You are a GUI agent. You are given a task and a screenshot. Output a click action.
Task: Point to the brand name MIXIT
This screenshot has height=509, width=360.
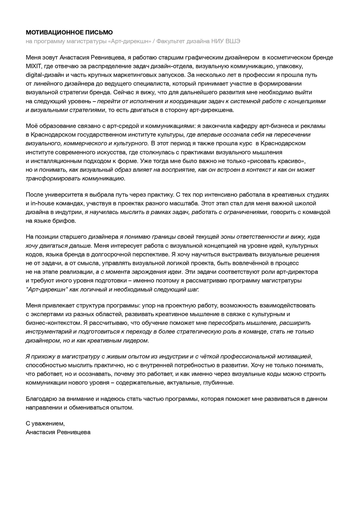pyautogui.click(x=34, y=66)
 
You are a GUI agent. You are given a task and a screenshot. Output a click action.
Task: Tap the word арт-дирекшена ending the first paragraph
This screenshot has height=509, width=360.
pyautogui.click(x=213, y=110)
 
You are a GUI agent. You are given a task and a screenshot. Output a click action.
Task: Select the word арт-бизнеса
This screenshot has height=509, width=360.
pyautogui.click(x=270, y=126)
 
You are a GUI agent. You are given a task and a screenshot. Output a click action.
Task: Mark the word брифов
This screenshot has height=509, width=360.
pyautogui.click(x=65, y=220)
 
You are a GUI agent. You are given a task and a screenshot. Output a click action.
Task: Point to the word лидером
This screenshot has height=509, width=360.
pyautogui.click(x=136, y=341)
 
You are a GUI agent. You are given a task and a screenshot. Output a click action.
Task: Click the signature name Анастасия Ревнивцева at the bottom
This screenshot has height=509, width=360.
pyautogui.click(x=58, y=432)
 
